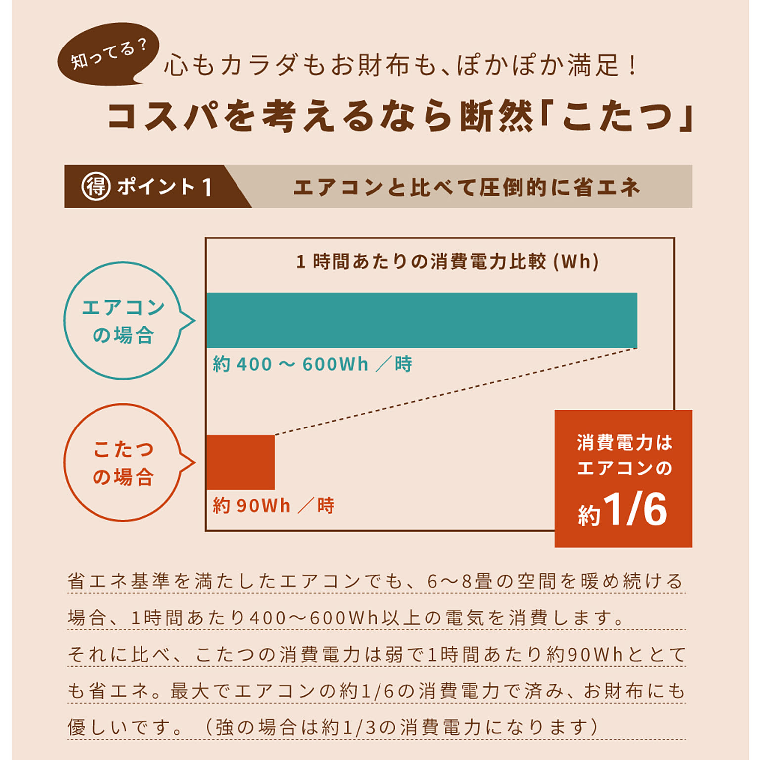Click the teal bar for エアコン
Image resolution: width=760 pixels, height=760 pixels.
tap(422, 320)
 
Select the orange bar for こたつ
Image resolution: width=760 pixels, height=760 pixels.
tap(240, 462)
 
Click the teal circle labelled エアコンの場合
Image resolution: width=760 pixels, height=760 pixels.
tap(123, 321)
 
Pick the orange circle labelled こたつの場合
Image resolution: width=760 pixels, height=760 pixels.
tap(123, 463)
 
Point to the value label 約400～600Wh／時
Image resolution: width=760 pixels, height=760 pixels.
tap(312, 364)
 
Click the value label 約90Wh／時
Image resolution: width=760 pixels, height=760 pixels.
tap(274, 506)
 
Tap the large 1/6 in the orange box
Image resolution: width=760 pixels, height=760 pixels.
tap(635, 510)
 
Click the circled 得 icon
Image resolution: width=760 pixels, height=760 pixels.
tap(95, 187)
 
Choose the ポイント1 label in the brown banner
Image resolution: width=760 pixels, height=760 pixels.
tap(165, 187)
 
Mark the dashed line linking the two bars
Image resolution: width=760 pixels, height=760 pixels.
tap(455, 392)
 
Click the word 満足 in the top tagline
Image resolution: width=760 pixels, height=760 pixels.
tap(593, 66)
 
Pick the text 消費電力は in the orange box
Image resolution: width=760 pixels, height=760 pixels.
tap(624, 442)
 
